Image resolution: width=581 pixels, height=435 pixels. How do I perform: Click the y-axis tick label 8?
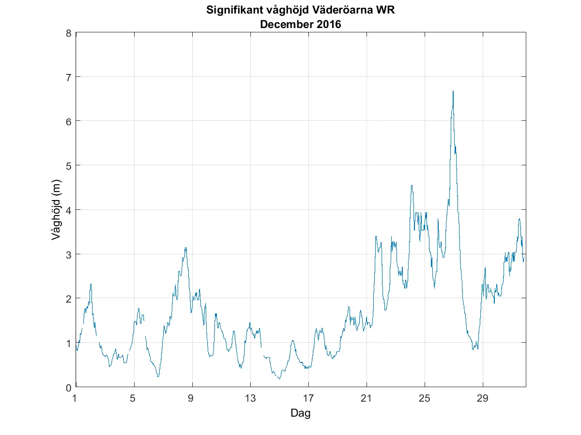tap(69, 33)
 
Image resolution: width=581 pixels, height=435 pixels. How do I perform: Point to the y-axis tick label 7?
tap(69, 77)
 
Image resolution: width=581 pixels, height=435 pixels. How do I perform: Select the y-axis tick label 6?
tap(69, 121)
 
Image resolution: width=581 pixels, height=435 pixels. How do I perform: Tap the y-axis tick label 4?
tap(69, 210)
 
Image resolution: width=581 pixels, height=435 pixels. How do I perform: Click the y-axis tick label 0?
tap(69, 387)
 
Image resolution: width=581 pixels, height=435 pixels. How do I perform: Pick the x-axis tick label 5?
tap(134, 399)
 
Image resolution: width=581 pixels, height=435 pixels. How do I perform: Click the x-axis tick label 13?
tap(250, 399)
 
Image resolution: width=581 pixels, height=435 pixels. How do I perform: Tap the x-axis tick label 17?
tap(308, 399)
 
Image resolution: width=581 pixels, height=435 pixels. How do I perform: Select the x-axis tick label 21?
tap(367, 399)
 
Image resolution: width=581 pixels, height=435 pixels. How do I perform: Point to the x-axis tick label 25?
tap(425, 399)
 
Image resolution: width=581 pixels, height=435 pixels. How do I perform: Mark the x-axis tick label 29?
tap(483, 399)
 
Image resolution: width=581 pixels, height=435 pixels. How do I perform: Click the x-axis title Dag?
tap(300, 413)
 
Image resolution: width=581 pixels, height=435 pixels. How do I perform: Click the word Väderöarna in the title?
tap(348, 10)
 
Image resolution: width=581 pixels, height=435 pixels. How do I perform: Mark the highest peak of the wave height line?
tap(453, 91)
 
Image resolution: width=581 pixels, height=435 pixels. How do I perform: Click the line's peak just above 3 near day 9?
tap(185, 247)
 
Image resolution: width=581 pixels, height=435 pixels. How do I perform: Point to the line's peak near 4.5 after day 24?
tap(412, 185)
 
